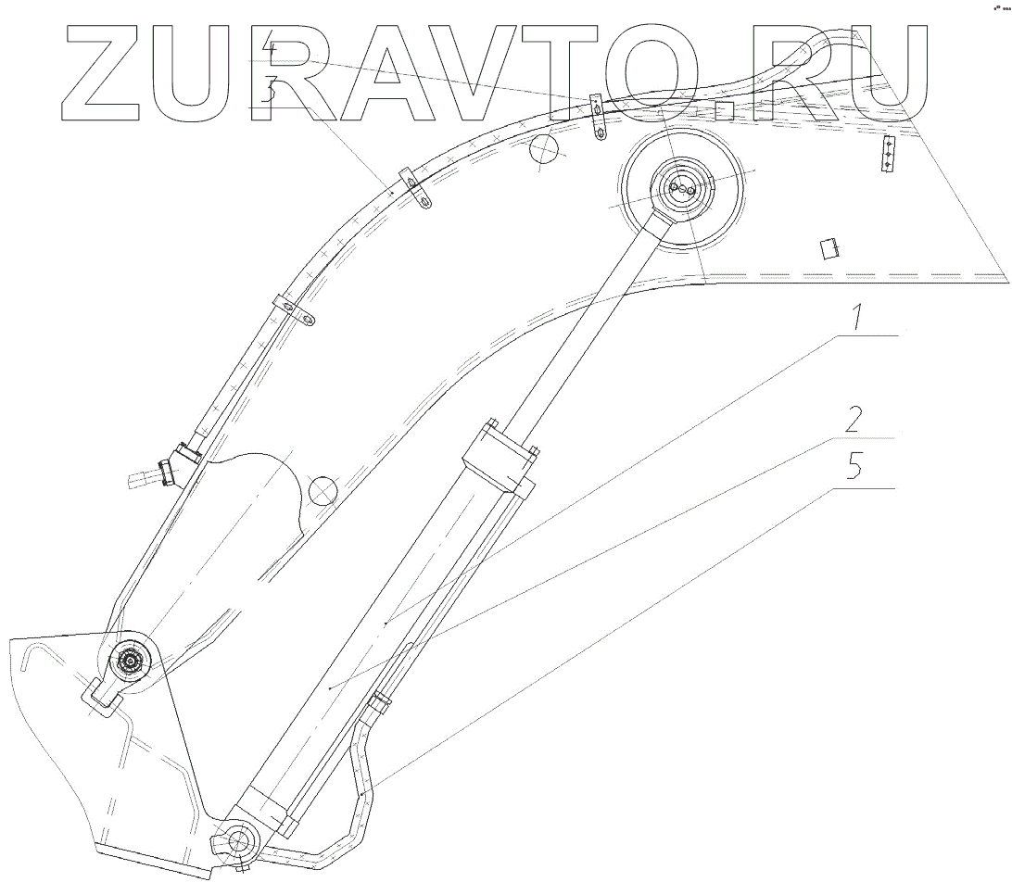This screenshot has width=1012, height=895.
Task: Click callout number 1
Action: coord(857,320)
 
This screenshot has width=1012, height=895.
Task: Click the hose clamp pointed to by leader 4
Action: coord(598,115)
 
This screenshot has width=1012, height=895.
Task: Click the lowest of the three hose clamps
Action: coord(297,311)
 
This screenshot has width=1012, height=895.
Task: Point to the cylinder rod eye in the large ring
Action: coord(684,190)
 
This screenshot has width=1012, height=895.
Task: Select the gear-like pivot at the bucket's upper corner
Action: coord(128,662)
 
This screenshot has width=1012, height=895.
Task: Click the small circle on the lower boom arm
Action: coord(323,490)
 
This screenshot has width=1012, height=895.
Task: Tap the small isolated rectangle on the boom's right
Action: coord(828,248)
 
